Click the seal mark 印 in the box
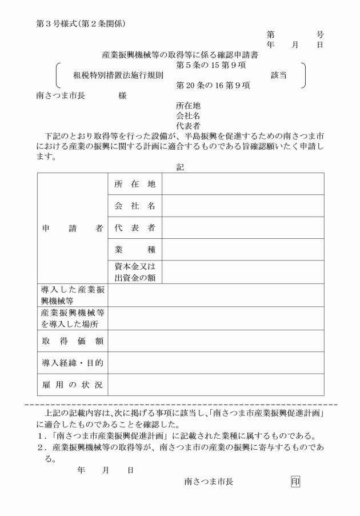click(x=295, y=481)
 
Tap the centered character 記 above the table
click(x=181, y=167)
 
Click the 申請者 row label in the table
click(x=72, y=228)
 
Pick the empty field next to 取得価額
click(x=216, y=341)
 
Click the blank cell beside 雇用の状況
click(x=216, y=385)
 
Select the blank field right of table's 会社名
click(x=243, y=206)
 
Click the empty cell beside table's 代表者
click(x=243, y=228)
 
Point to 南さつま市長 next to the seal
click(x=209, y=482)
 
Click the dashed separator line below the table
click(x=181, y=404)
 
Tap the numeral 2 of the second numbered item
click(x=41, y=448)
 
